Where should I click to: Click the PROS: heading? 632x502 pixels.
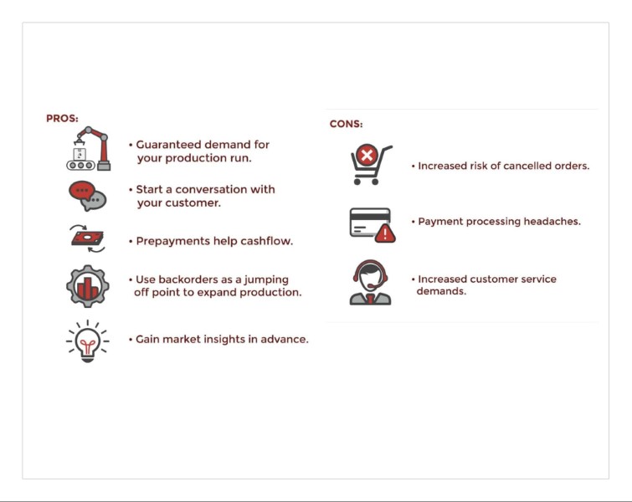click(x=62, y=119)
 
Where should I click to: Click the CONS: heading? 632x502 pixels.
click(x=346, y=124)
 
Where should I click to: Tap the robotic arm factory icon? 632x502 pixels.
click(x=88, y=149)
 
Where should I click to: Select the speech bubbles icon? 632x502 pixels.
click(x=87, y=196)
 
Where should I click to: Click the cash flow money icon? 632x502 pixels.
click(x=87, y=238)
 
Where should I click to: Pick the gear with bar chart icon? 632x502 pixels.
click(x=87, y=286)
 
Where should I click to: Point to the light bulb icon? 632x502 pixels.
click(x=87, y=341)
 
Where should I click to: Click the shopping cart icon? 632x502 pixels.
click(x=371, y=165)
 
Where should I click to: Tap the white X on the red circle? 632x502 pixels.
click(x=367, y=155)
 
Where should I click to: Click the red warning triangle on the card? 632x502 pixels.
click(x=385, y=233)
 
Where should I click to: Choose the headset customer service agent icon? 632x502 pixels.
click(x=370, y=283)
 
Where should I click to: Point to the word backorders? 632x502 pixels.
click(x=188, y=279)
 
